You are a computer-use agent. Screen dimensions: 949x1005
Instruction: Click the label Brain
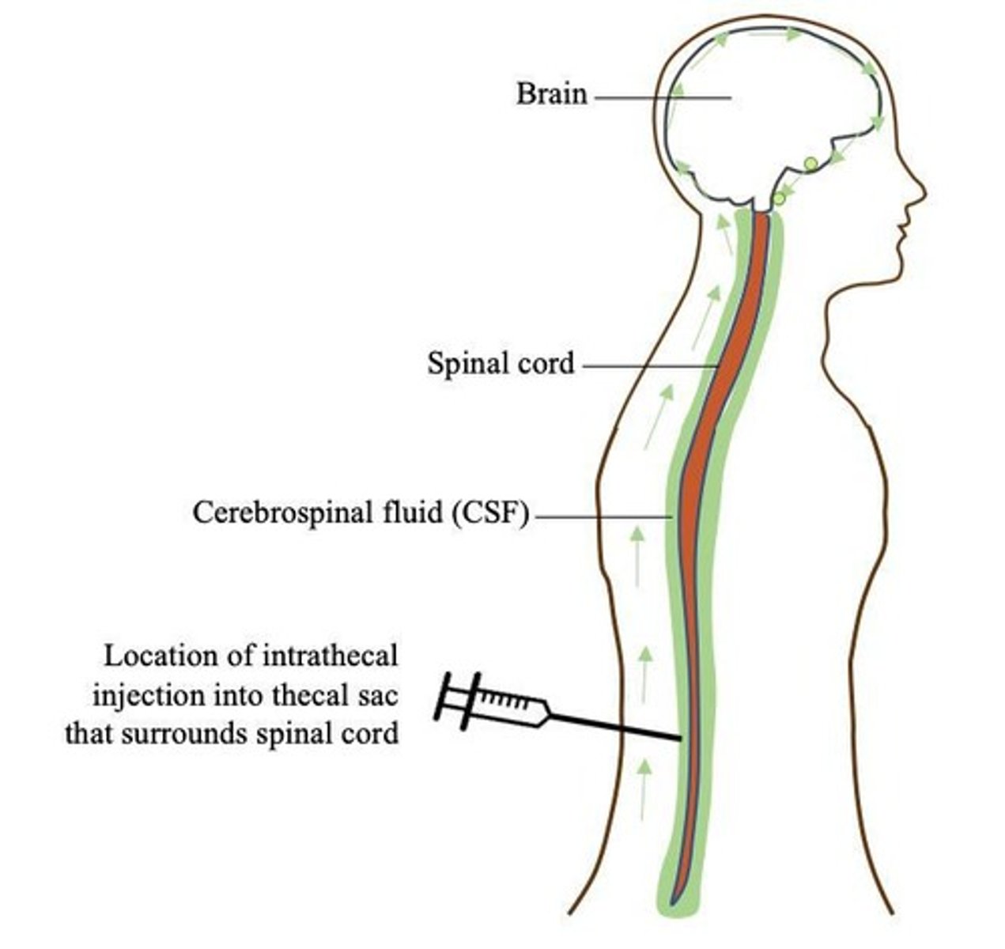coord(552,94)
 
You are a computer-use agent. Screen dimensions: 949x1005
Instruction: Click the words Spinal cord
coord(501,364)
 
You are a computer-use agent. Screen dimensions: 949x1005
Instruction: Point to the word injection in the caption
coord(142,696)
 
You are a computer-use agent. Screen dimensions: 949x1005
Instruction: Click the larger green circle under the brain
coord(810,164)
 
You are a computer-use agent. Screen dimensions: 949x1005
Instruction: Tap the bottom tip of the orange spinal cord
coord(673,900)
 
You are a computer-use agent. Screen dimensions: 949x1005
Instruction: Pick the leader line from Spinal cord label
coord(648,366)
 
